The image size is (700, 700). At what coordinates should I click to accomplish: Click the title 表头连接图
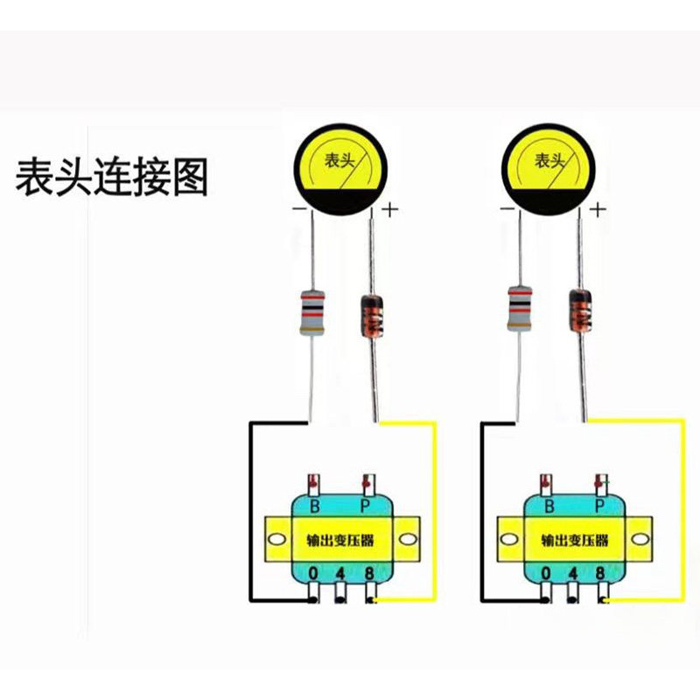click(x=111, y=177)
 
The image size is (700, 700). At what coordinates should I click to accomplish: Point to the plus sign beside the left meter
click(x=389, y=209)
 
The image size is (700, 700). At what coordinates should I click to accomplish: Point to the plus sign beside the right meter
click(x=598, y=209)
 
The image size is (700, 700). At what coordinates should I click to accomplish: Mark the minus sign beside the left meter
click(x=299, y=209)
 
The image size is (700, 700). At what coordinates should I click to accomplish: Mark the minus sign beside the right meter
click(x=507, y=209)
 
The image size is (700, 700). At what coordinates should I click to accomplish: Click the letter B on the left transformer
click(x=316, y=507)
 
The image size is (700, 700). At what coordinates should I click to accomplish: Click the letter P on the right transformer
click(x=599, y=507)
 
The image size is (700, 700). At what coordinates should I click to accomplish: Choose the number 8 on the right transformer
click(x=600, y=574)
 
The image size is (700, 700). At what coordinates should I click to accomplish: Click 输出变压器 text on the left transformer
click(x=341, y=540)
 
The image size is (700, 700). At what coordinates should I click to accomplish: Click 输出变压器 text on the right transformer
click(x=573, y=540)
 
